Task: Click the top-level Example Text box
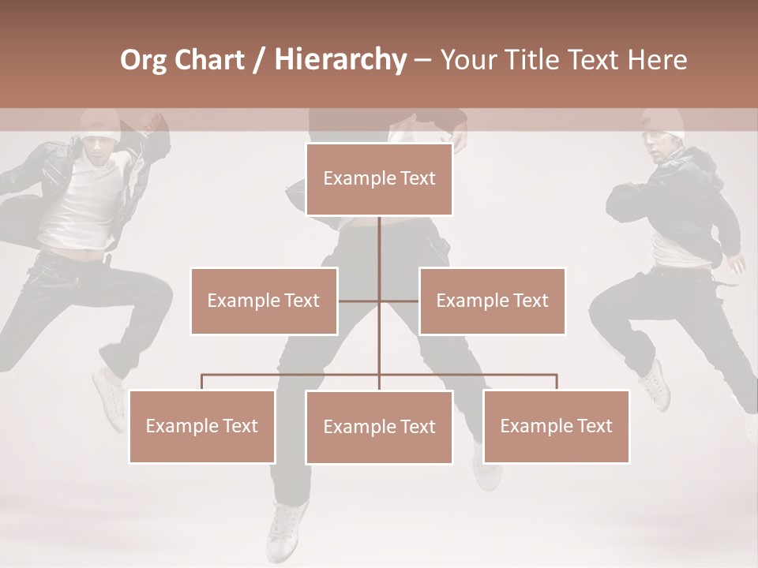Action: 379,179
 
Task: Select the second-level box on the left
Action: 264,301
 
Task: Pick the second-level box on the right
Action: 492,301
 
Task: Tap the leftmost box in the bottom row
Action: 202,426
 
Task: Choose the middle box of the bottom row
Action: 379,427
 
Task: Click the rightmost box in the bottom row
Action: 556,426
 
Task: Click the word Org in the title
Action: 143,60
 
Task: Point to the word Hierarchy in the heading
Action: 340,60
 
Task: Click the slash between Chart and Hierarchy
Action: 258,60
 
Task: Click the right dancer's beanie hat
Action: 662,122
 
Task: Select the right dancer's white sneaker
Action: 654,384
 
